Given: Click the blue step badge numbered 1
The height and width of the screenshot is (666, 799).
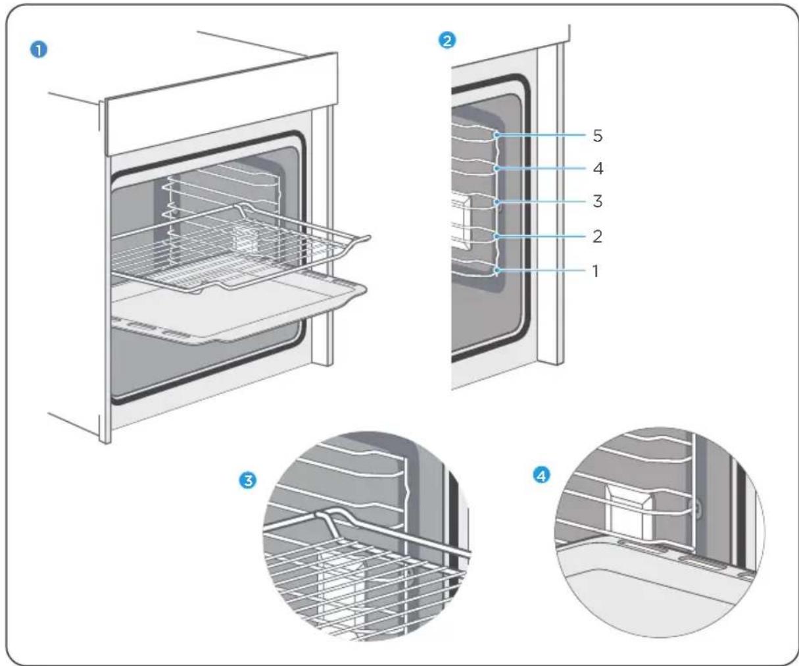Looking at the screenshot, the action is [x=39, y=50].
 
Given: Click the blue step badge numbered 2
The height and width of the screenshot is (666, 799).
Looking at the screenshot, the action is [x=447, y=40].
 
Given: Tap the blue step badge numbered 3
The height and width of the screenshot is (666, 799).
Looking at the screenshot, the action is [x=247, y=480].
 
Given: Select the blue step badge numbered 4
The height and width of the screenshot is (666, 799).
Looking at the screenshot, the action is [x=541, y=476].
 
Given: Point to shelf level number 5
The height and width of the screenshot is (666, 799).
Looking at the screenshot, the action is [x=598, y=136].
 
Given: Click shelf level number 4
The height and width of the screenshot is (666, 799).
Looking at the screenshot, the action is [x=598, y=168].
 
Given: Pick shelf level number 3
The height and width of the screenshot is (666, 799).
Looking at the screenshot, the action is [x=598, y=201].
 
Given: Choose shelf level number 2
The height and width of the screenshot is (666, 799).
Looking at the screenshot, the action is [x=597, y=236].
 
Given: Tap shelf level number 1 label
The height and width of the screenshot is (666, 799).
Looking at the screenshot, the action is [x=595, y=271].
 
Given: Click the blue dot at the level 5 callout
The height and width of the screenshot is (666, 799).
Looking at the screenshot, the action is [x=496, y=135].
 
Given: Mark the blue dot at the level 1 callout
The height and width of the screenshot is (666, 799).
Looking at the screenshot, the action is [x=496, y=271].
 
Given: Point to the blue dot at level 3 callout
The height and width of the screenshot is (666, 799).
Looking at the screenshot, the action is [x=496, y=201].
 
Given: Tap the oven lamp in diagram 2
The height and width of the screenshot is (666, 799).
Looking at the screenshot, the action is [x=461, y=223].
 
